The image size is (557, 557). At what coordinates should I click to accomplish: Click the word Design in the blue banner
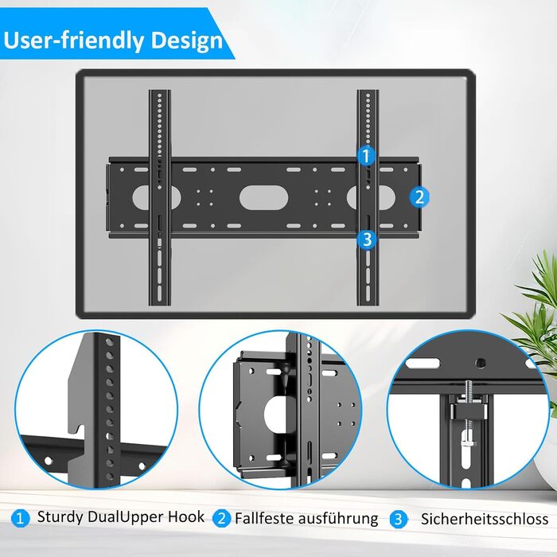tap(187, 41)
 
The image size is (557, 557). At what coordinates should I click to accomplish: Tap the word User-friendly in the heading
tap(73, 40)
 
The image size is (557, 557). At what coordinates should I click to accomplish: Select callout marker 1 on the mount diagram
tap(366, 156)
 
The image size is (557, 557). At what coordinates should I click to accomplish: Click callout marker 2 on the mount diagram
tap(419, 197)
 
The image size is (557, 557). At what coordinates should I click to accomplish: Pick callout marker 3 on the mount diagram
tap(368, 239)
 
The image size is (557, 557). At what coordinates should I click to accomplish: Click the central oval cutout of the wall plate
tap(263, 197)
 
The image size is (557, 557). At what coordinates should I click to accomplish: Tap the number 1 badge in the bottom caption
tap(20, 519)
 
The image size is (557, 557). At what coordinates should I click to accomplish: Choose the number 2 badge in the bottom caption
tap(221, 519)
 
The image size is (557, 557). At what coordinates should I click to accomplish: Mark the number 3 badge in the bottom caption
tap(398, 520)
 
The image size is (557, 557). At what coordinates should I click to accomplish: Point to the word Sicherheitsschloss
tap(485, 519)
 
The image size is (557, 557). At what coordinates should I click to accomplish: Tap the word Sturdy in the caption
tap(60, 517)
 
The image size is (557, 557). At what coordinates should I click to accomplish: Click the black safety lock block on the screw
tap(469, 410)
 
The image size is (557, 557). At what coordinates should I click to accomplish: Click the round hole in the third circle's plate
tap(481, 363)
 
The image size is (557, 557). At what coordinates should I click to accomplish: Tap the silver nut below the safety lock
tap(469, 444)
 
